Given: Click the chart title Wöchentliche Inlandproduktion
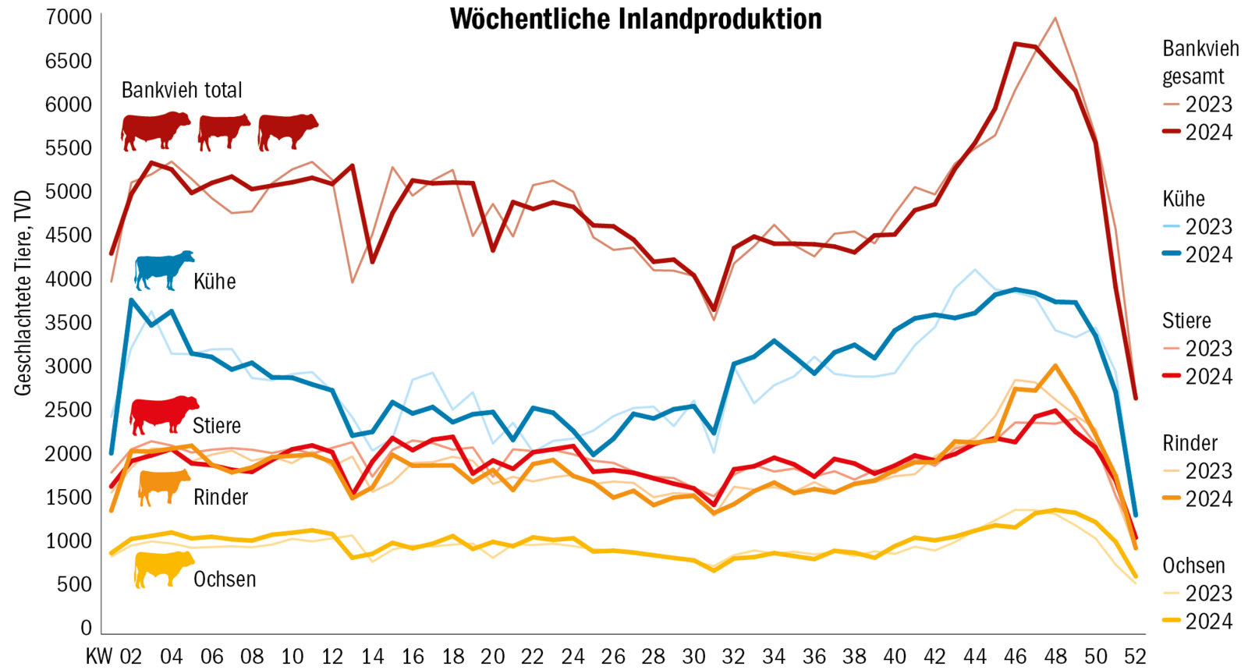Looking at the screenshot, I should [636, 19].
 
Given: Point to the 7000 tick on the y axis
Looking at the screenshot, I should [69, 16].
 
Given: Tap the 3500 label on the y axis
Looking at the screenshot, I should [69, 322].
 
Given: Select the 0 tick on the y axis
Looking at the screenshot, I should [86, 628].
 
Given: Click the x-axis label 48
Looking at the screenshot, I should [1055, 656].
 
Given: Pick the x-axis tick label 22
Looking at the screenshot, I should [533, 656].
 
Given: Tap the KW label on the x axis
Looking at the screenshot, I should [99, 656].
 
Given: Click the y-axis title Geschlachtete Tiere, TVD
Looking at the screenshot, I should [23, 292].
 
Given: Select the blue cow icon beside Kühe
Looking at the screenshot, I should [163, 271].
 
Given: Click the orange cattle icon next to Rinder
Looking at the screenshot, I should [164, 487].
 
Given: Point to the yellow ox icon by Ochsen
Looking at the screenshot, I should [163, 569].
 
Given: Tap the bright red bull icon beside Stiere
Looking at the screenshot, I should [163, 414].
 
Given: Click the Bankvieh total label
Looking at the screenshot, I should [182, 90].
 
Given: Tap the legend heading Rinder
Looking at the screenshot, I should [1189, 443].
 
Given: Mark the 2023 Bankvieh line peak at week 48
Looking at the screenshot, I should [1055, 18].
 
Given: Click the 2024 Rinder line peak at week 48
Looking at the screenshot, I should [1055, 365].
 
